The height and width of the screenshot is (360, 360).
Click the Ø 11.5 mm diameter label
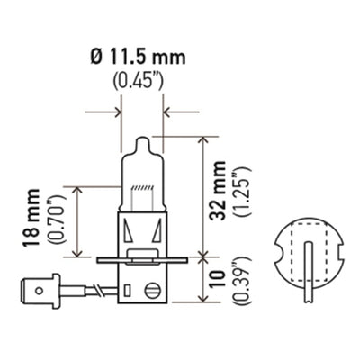pos(141,58)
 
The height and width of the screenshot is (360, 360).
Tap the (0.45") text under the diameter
pos(141,84)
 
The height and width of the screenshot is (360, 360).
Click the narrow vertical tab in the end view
pos(306,279)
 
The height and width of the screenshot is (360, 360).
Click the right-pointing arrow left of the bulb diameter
pos(113,113)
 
